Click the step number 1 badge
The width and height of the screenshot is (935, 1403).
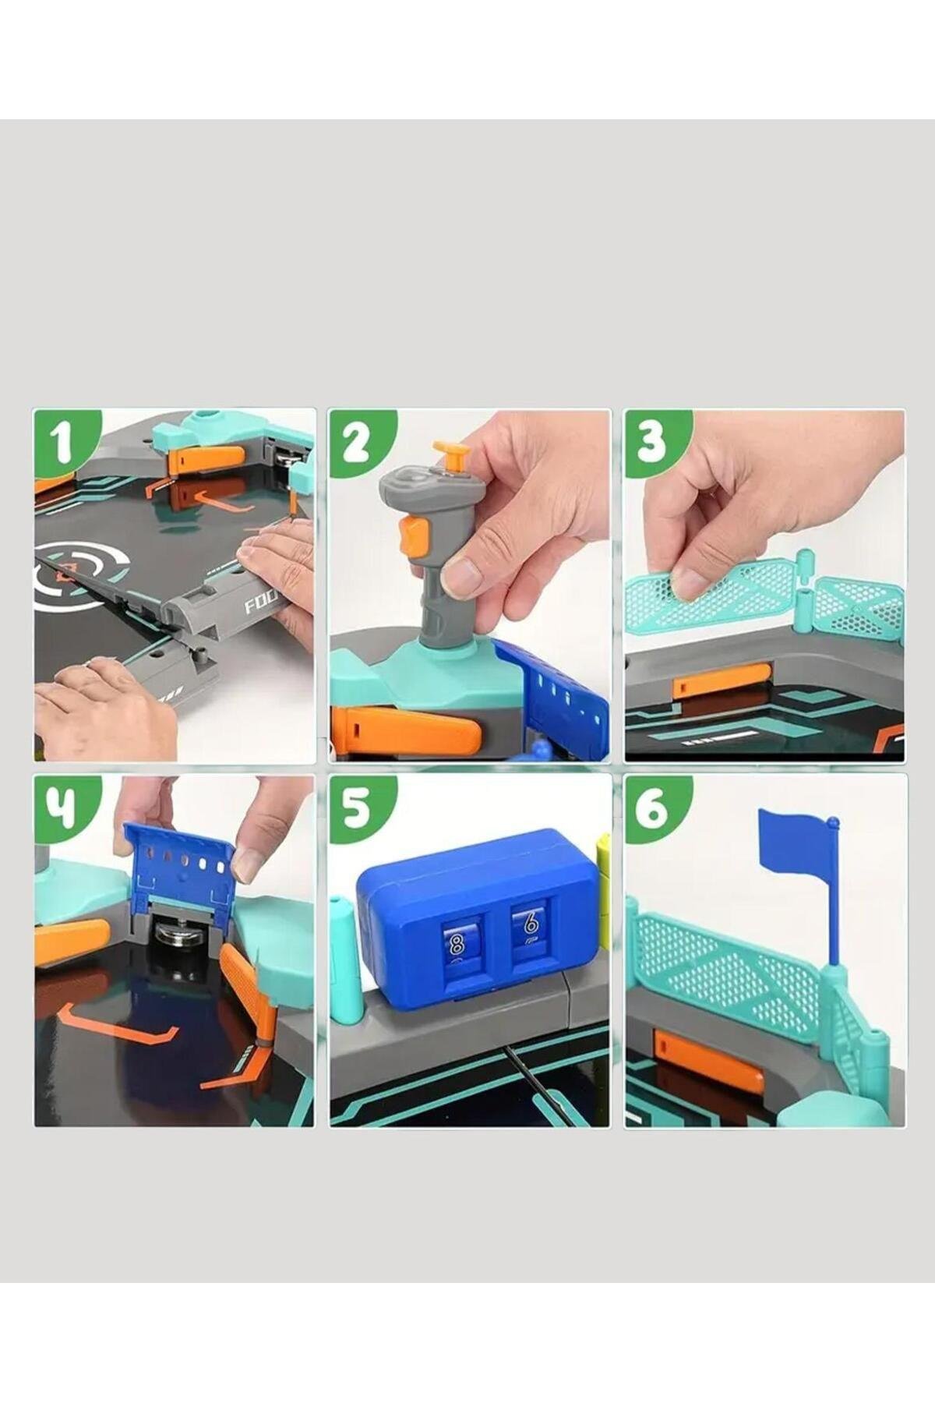click(x=65, y=442)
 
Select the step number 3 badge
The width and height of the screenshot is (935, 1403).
click(x=655, y=442)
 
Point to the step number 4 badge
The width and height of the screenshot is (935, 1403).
click(x=65, y=808)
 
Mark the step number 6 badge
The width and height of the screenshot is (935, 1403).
click(x=655, y=808)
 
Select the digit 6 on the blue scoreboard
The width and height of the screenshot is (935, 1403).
click(x=530, y=924)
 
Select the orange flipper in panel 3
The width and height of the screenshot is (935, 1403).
click(x=722, y=680)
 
